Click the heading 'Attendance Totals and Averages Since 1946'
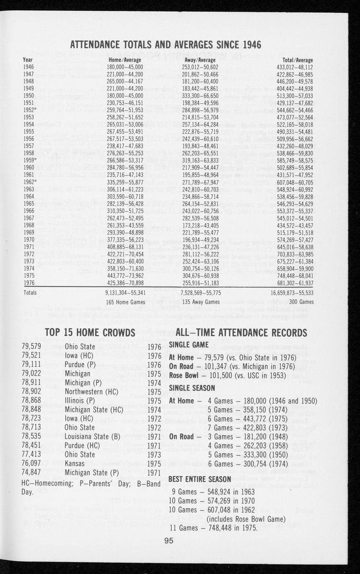pyautogui.click(x=165, y=45)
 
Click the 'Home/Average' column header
pyautogui.click(x=125, y=60)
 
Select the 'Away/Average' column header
pyautogui.click(x=200, y=60)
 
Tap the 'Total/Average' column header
pyautogui.click(x=297, y=60)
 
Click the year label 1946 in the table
pyautogui.click(x=29, y=66)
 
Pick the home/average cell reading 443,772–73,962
pyautogui.click(x=125, y=275)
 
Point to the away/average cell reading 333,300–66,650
pyautogui.click(x=200, y=95)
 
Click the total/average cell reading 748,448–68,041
pyautogui.click(x=297, y=275)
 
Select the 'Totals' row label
pyautogui.click(x=30, y=292)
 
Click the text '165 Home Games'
pyautogui.click(x=126, y=302)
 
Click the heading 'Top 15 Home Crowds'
pyautogui.click(x=90, y=333)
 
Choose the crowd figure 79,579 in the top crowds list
pyautogui.click(x=32, y=346)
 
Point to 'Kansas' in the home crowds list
pyautogui.click(x=74, y=463)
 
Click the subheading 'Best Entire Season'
pyautogui.click(x=200, y=479)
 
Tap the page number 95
pyautogui.click(x=169, y=541)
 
